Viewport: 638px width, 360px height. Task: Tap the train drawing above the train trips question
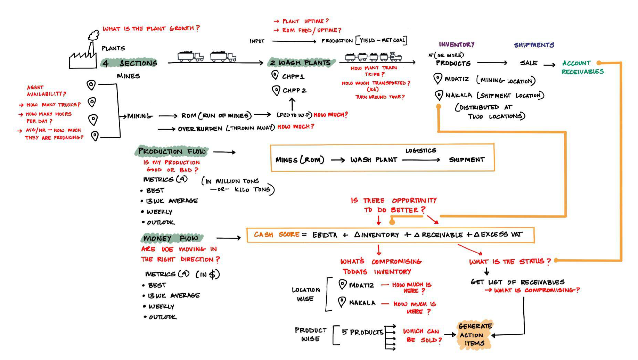click(374, 57)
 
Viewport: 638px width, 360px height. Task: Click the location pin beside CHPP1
click(275, 75)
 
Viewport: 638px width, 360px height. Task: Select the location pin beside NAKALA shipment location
click(439, 95)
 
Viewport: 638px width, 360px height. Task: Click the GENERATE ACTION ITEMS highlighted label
click(475, 335)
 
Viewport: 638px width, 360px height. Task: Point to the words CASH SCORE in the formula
click(277, 235)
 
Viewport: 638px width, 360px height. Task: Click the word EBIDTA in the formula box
click(325, 235)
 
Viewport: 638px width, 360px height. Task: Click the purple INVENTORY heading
click(456, 44)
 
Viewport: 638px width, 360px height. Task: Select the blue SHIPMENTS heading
click(534, 45)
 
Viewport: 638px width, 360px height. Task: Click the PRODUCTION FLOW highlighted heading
click(172, 151)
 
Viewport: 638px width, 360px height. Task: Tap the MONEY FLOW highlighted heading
click(171, 238)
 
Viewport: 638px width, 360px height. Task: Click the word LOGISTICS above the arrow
click(420, 150)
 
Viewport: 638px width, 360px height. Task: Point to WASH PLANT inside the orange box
click(374, 160)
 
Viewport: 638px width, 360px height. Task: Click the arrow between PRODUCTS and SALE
click(492, 63)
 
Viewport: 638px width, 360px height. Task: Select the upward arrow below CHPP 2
click(292, 104)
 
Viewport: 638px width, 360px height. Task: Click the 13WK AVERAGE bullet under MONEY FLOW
click(173, 296)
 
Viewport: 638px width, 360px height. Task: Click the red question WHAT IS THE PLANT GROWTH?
click(151, 28)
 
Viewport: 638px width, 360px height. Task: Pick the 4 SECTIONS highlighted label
click(130, 63)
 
